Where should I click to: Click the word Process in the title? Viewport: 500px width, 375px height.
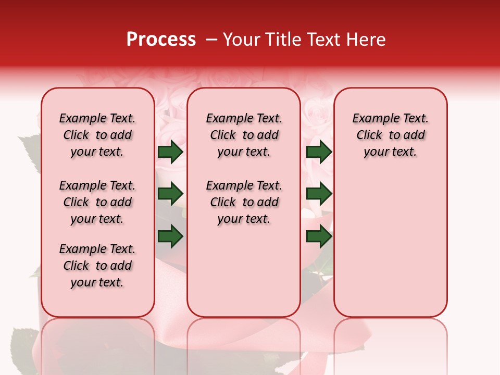(x=161, y=40)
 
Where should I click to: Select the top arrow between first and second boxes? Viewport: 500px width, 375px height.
(x=170, y=152)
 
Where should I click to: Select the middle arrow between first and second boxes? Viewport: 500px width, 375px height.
(x=170, y=194)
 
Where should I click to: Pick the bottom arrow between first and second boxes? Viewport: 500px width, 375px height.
(x=170, y=236)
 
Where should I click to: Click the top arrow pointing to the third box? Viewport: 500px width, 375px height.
(x=319, y=152)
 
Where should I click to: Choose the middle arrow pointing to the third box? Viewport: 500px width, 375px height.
(x=319, y=194)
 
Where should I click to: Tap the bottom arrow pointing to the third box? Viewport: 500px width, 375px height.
(x=319, y=236)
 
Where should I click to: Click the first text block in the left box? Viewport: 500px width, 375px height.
(x=97, y=135)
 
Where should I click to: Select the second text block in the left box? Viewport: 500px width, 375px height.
(x=97, y=202)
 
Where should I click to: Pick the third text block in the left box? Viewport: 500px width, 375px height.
(x=97, y=266)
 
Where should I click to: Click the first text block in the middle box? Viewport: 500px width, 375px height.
(x=244, y=135)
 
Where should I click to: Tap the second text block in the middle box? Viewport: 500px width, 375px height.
(x=244, y=202)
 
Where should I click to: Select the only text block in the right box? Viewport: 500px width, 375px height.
(x=391, y=135)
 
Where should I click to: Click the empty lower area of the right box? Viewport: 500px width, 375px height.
(x=391, y=250)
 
